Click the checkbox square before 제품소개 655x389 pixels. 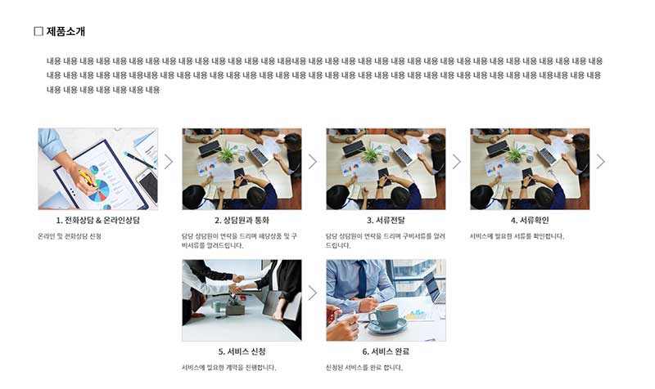(38, 32)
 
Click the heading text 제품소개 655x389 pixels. (65, 32)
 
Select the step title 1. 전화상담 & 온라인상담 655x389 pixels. (97, 221)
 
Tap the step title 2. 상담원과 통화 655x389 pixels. (242, 221)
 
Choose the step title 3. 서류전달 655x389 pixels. (386, 221)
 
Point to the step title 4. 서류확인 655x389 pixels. (530, 221)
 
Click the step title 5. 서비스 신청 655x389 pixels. (242, 351)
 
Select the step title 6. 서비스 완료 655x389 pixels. (386, 351)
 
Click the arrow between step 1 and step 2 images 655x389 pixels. (169, 162)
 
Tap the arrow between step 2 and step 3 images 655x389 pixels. (313, 162)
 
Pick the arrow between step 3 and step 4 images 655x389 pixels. (457, 162)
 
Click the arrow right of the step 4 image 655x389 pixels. (601, 162)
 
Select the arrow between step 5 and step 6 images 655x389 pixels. (313, 293)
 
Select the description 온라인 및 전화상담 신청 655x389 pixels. (70, 236)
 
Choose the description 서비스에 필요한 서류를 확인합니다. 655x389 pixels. (517, 236)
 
